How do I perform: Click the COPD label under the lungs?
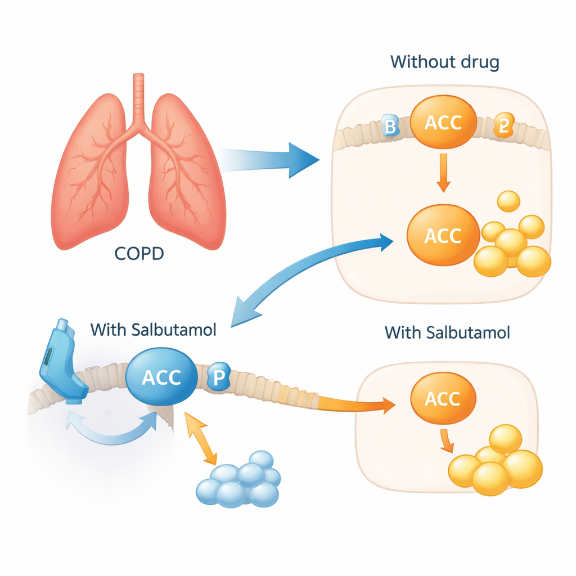139,254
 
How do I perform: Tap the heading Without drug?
444,61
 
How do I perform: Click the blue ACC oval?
161,377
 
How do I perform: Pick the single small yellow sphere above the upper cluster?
508,201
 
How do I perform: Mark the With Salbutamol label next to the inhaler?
153,330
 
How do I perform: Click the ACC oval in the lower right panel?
443,399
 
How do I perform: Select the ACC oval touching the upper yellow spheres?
442,236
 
